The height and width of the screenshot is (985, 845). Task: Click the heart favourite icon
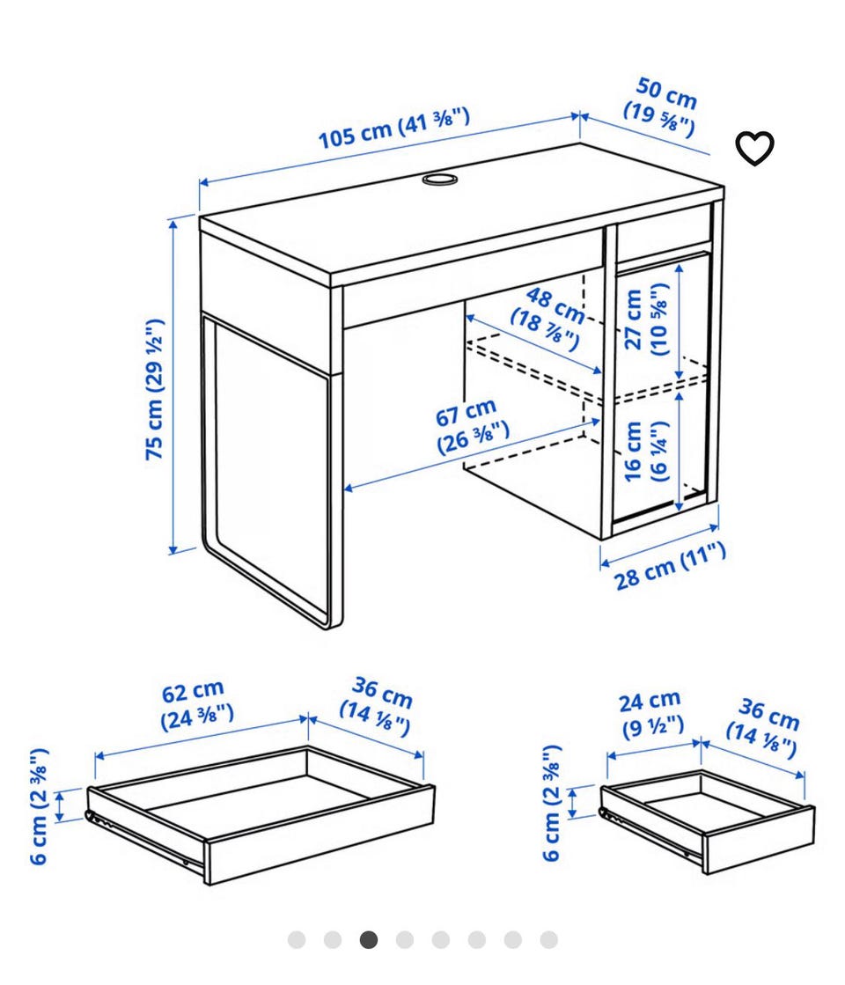[754, 149]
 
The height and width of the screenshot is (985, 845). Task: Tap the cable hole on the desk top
[439, 180]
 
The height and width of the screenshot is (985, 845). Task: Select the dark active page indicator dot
[369, 940]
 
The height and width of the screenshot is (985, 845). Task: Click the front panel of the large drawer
[320, 834]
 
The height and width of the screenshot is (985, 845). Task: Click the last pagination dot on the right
[549, 940]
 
